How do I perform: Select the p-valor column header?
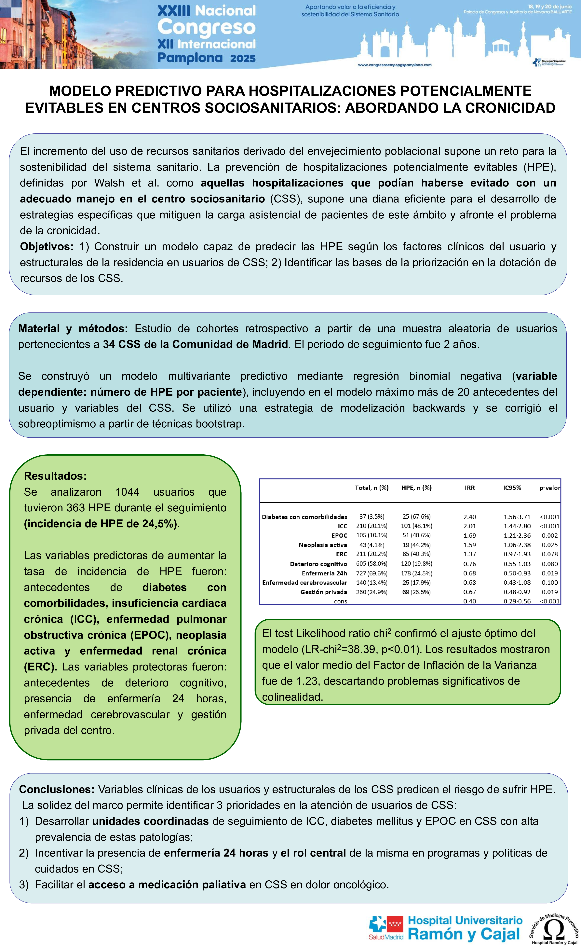pyautogui.click(x=549, y=488)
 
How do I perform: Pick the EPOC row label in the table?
pyautogui.click(x=339, y=536)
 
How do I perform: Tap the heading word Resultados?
pyautogui.click(x=55, y=476)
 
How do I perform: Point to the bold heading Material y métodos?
pyautogui.click(x=73, y=328)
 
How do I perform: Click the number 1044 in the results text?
pyautogui.click(x=127, y=492)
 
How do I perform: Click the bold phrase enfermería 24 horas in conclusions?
pyautogui.click(x=216, y=853)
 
